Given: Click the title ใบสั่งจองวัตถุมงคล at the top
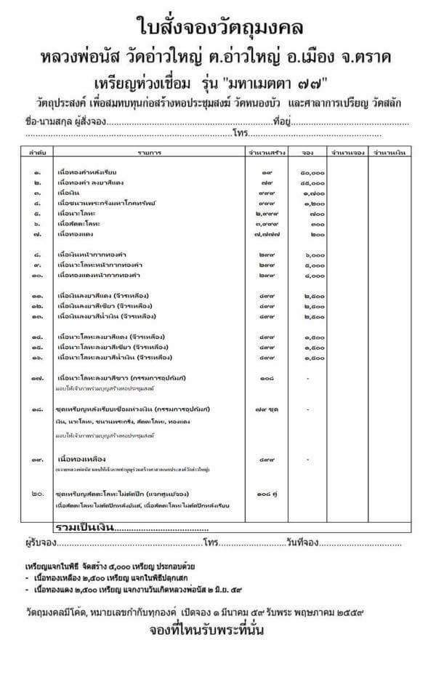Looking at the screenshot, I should [218, 27].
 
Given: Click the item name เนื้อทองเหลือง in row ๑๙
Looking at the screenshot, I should [81, 460].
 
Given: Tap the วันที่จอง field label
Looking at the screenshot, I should [303, 543].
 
